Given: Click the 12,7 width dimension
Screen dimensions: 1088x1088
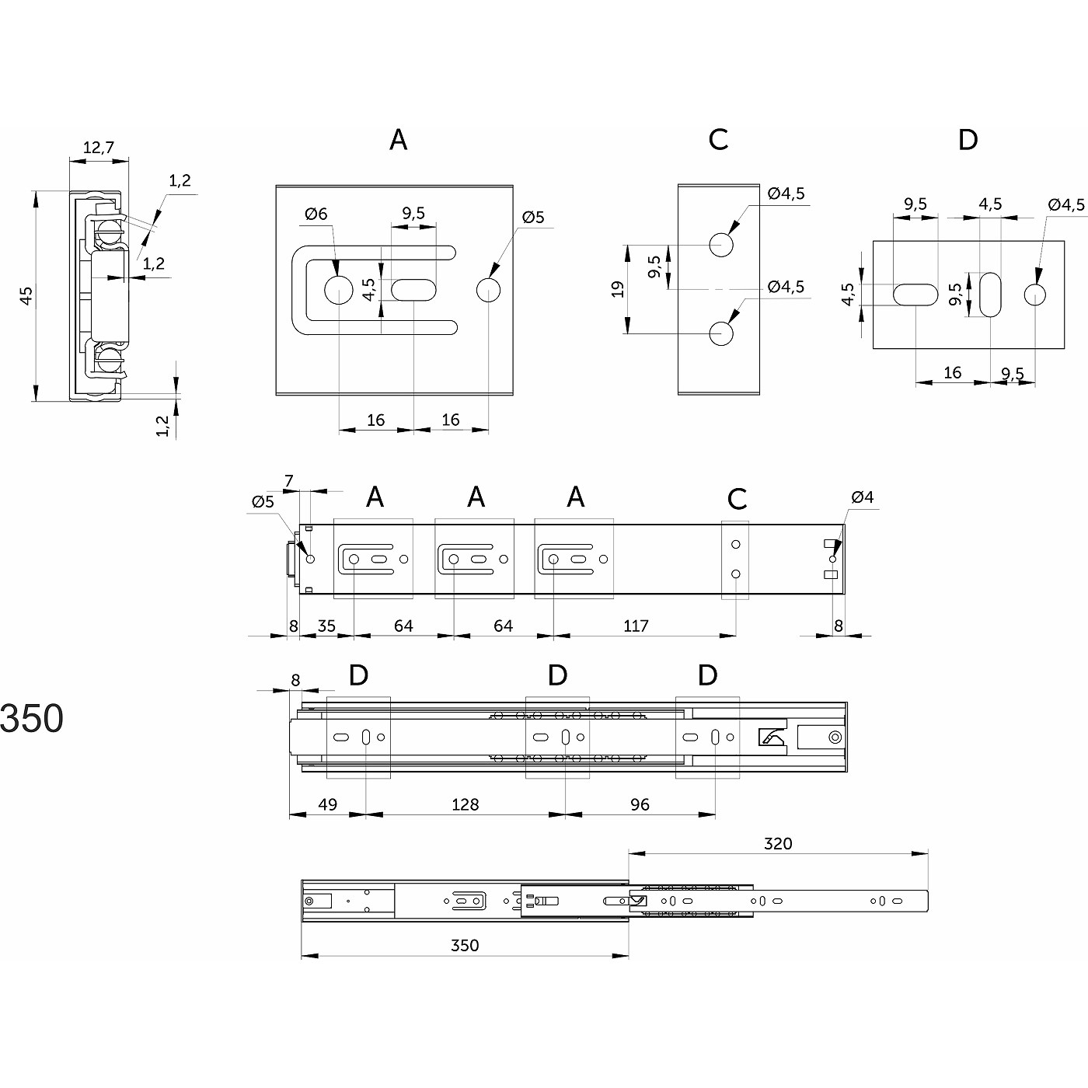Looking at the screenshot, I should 98,147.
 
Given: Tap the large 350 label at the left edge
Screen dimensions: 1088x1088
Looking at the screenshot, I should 31,719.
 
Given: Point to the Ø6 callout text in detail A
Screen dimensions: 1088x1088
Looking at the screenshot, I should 316,214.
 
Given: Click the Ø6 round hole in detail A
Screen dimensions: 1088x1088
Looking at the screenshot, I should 338,290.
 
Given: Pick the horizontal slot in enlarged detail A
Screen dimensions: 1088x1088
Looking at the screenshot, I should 413,290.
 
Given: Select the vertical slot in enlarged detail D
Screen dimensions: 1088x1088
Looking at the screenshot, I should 991,295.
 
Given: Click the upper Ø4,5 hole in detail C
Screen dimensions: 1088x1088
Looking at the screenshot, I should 721,245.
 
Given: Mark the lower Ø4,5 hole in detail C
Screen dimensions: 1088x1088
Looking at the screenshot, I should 721,334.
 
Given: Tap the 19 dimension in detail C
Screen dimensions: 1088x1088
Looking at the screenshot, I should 618,289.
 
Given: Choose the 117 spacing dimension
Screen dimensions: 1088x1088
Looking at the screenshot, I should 636,626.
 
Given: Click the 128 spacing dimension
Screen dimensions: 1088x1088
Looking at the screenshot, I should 465,804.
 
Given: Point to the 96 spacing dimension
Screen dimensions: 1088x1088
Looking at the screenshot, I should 640,804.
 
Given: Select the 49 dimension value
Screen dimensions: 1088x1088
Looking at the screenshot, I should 328,804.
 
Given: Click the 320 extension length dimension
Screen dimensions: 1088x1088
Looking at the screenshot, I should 778,843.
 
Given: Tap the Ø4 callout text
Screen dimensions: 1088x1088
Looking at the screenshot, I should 863,497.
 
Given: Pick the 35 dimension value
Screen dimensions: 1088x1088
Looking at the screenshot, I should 326,626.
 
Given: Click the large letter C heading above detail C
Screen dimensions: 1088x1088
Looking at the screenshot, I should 718,140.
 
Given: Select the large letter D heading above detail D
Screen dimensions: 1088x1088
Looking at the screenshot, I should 968,140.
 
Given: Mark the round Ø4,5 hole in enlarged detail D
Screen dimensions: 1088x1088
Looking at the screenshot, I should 1034,295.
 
